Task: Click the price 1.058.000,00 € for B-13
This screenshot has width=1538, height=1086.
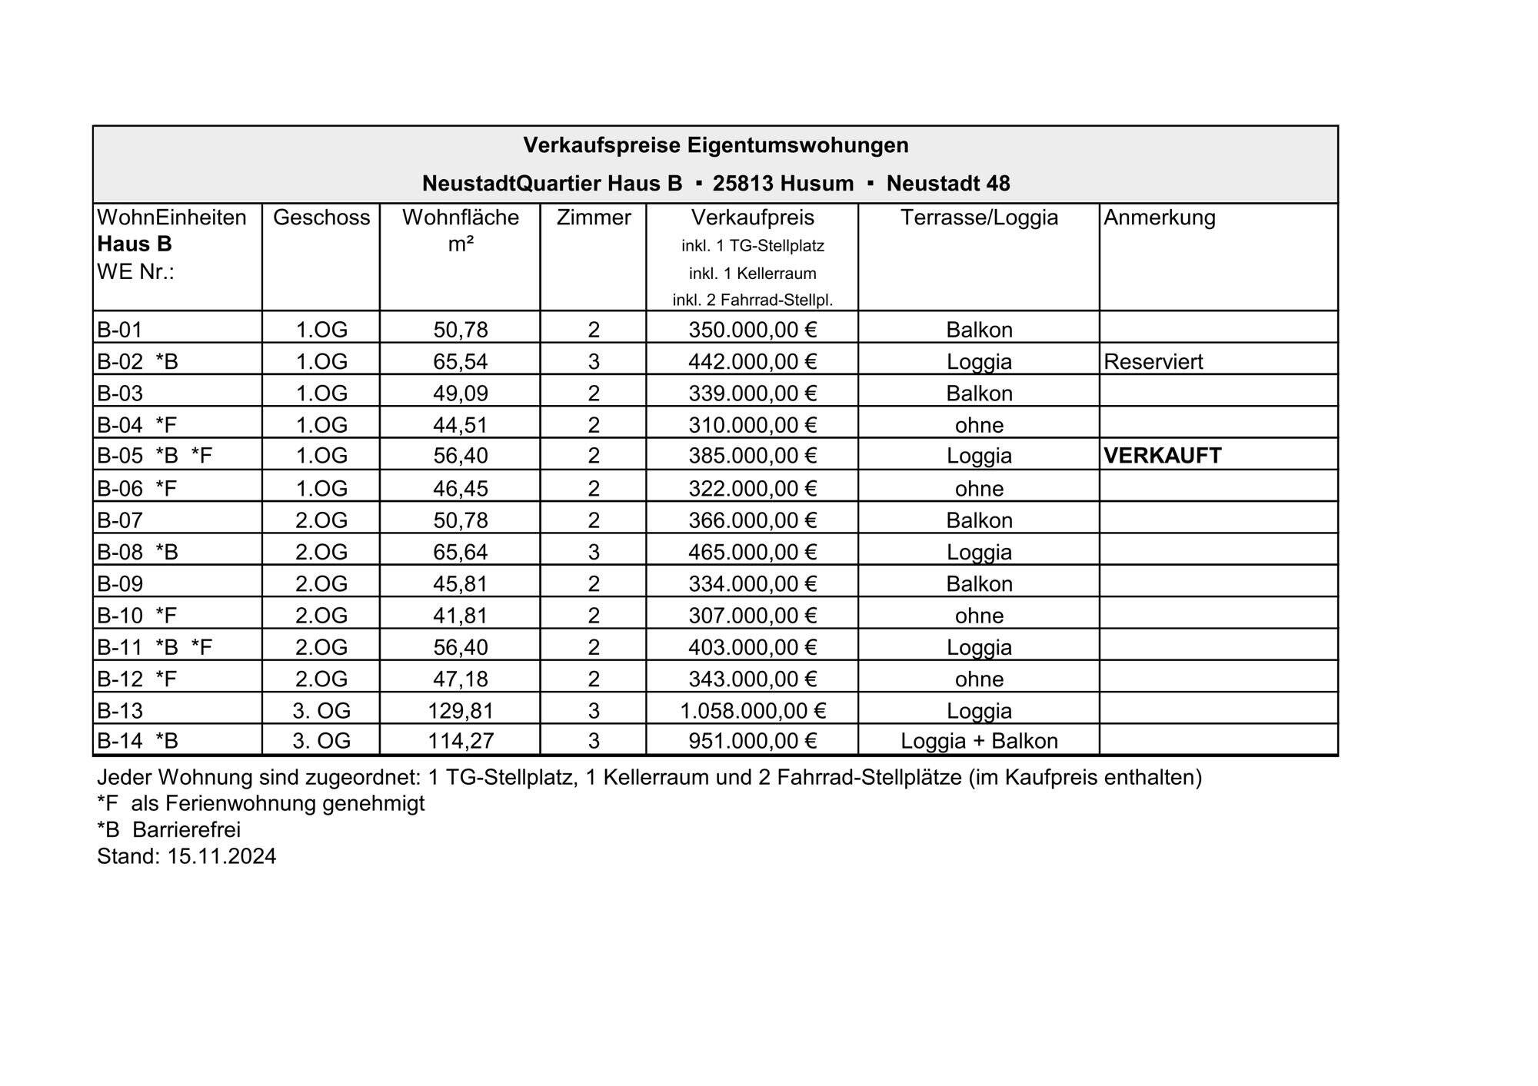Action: pos(752,711)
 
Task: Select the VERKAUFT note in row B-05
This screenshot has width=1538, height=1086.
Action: pos(1162,456)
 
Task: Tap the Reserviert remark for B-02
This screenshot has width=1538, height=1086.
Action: pos(1153,361)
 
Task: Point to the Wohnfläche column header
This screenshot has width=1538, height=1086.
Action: pos(460,218)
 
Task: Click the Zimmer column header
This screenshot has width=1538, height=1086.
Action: pos(593,218)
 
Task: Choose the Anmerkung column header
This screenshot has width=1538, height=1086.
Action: pos(1159,218)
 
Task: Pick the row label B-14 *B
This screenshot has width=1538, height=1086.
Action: pos(138,741)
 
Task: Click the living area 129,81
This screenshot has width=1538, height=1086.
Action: pos(460,711)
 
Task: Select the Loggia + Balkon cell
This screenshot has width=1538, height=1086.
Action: pos(979,741)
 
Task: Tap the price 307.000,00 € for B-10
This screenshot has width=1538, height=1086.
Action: pos(752,616)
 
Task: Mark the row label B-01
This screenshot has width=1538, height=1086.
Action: pos(120,330)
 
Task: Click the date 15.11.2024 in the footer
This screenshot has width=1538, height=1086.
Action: pos(221,856)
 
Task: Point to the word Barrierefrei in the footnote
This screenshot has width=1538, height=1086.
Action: pos(186,830)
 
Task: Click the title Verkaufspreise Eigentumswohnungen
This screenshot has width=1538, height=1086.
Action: pos(715,145)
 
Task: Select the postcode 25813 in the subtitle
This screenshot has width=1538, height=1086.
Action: pos(743,184)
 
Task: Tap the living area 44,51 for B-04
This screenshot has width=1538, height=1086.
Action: pos(460,425)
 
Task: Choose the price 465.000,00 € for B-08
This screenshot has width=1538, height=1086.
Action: pos(752,552)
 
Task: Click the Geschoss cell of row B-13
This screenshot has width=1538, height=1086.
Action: pos(321,711)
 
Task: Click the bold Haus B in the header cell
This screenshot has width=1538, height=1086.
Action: pos(135,244)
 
